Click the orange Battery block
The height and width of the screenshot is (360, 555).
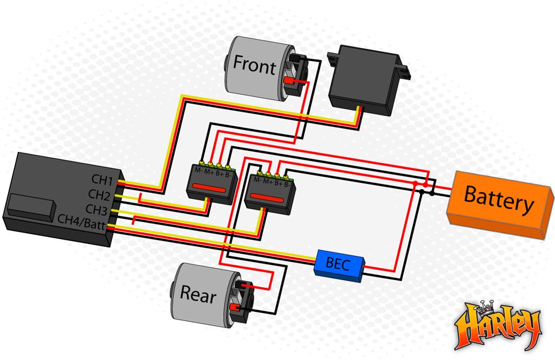coord(500,204)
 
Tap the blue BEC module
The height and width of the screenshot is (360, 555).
coord(339,265)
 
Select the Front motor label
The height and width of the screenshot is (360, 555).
coord(254,65)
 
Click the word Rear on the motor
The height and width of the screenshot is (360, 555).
coord(198,294)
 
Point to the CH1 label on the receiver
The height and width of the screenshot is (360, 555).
coord(102,179)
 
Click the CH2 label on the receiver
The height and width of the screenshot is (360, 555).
coord(99,195)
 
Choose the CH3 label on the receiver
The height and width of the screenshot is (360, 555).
coord(96,209)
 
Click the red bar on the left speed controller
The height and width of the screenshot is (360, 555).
coord(209,188)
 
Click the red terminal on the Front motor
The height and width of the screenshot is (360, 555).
coord(289,81)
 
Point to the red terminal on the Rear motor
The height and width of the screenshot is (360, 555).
coord(235,306)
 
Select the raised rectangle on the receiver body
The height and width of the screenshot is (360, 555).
coord(31,208)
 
